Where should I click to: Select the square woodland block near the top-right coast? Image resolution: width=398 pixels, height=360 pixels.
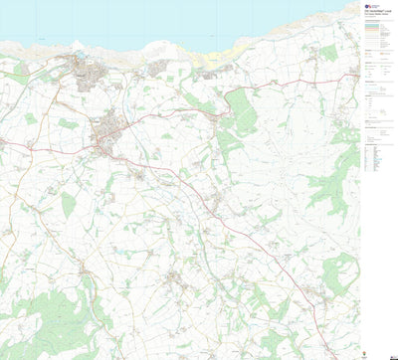329,52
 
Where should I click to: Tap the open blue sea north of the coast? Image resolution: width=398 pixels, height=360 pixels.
149,20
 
